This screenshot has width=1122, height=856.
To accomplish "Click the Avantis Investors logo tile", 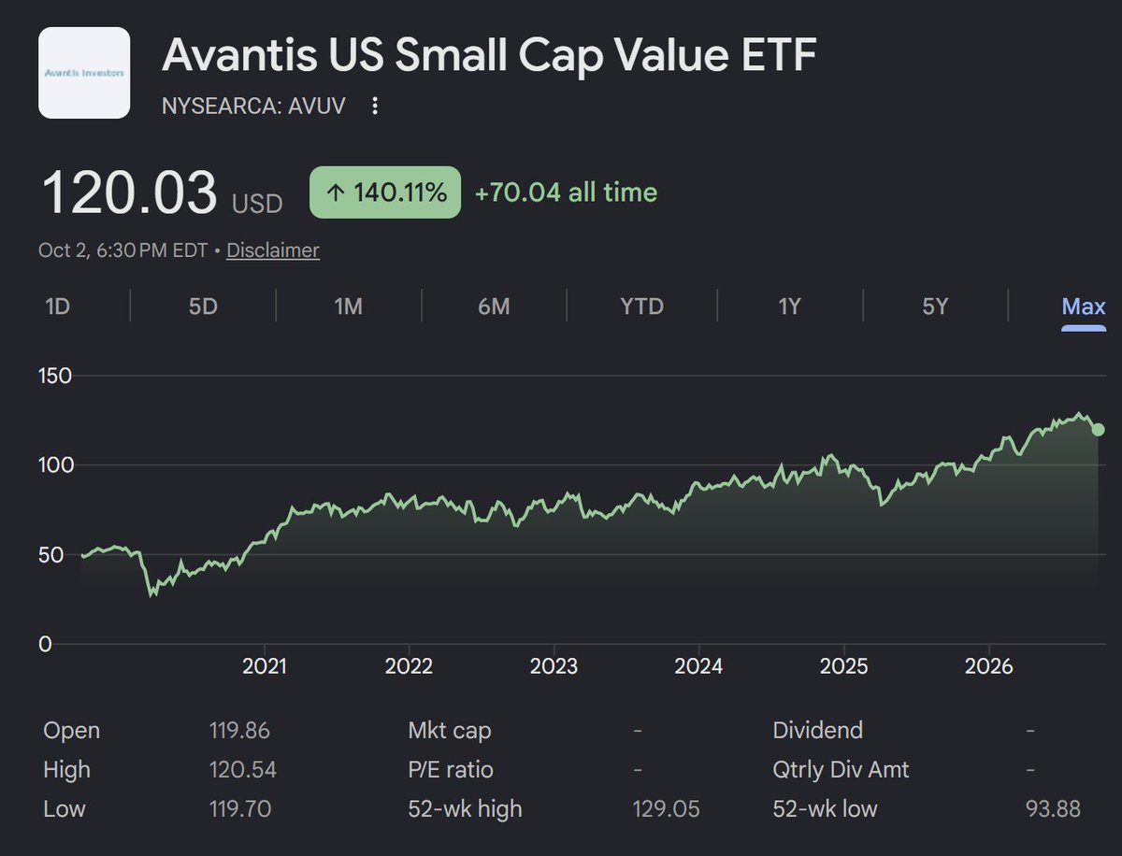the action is pos(84,73).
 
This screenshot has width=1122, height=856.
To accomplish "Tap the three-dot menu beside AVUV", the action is pos(375,106).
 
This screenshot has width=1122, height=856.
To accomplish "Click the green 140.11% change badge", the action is pos(385,193).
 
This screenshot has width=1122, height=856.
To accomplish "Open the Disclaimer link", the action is pos(273,250).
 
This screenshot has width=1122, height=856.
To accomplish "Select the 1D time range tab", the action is pos(57,307).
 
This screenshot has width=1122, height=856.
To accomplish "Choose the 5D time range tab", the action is pos(203,307).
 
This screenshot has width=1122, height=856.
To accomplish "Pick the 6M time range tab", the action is pos(494,307).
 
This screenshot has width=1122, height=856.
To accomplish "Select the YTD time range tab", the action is pos(641,307).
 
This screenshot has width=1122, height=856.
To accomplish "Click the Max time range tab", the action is pos(1084,307).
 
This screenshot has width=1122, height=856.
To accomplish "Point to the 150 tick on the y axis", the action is pos(55,376).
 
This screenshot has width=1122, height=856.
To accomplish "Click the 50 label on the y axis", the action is pos(50,555).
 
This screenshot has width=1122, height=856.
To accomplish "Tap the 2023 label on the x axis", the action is pos(554,666).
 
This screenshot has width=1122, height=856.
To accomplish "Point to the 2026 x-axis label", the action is pos(988,666).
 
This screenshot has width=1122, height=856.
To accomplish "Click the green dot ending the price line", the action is pos(1098,430).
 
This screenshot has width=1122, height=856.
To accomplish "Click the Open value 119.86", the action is pos(239,731).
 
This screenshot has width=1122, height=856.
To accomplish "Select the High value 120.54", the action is pos(243,770).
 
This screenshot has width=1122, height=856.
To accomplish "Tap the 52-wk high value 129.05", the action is pos(666,809).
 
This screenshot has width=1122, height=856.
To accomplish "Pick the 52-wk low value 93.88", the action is pos(1053,809).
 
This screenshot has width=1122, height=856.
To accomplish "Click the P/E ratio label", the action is pos(451,770).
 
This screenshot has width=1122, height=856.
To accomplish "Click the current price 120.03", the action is pos(129,193).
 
